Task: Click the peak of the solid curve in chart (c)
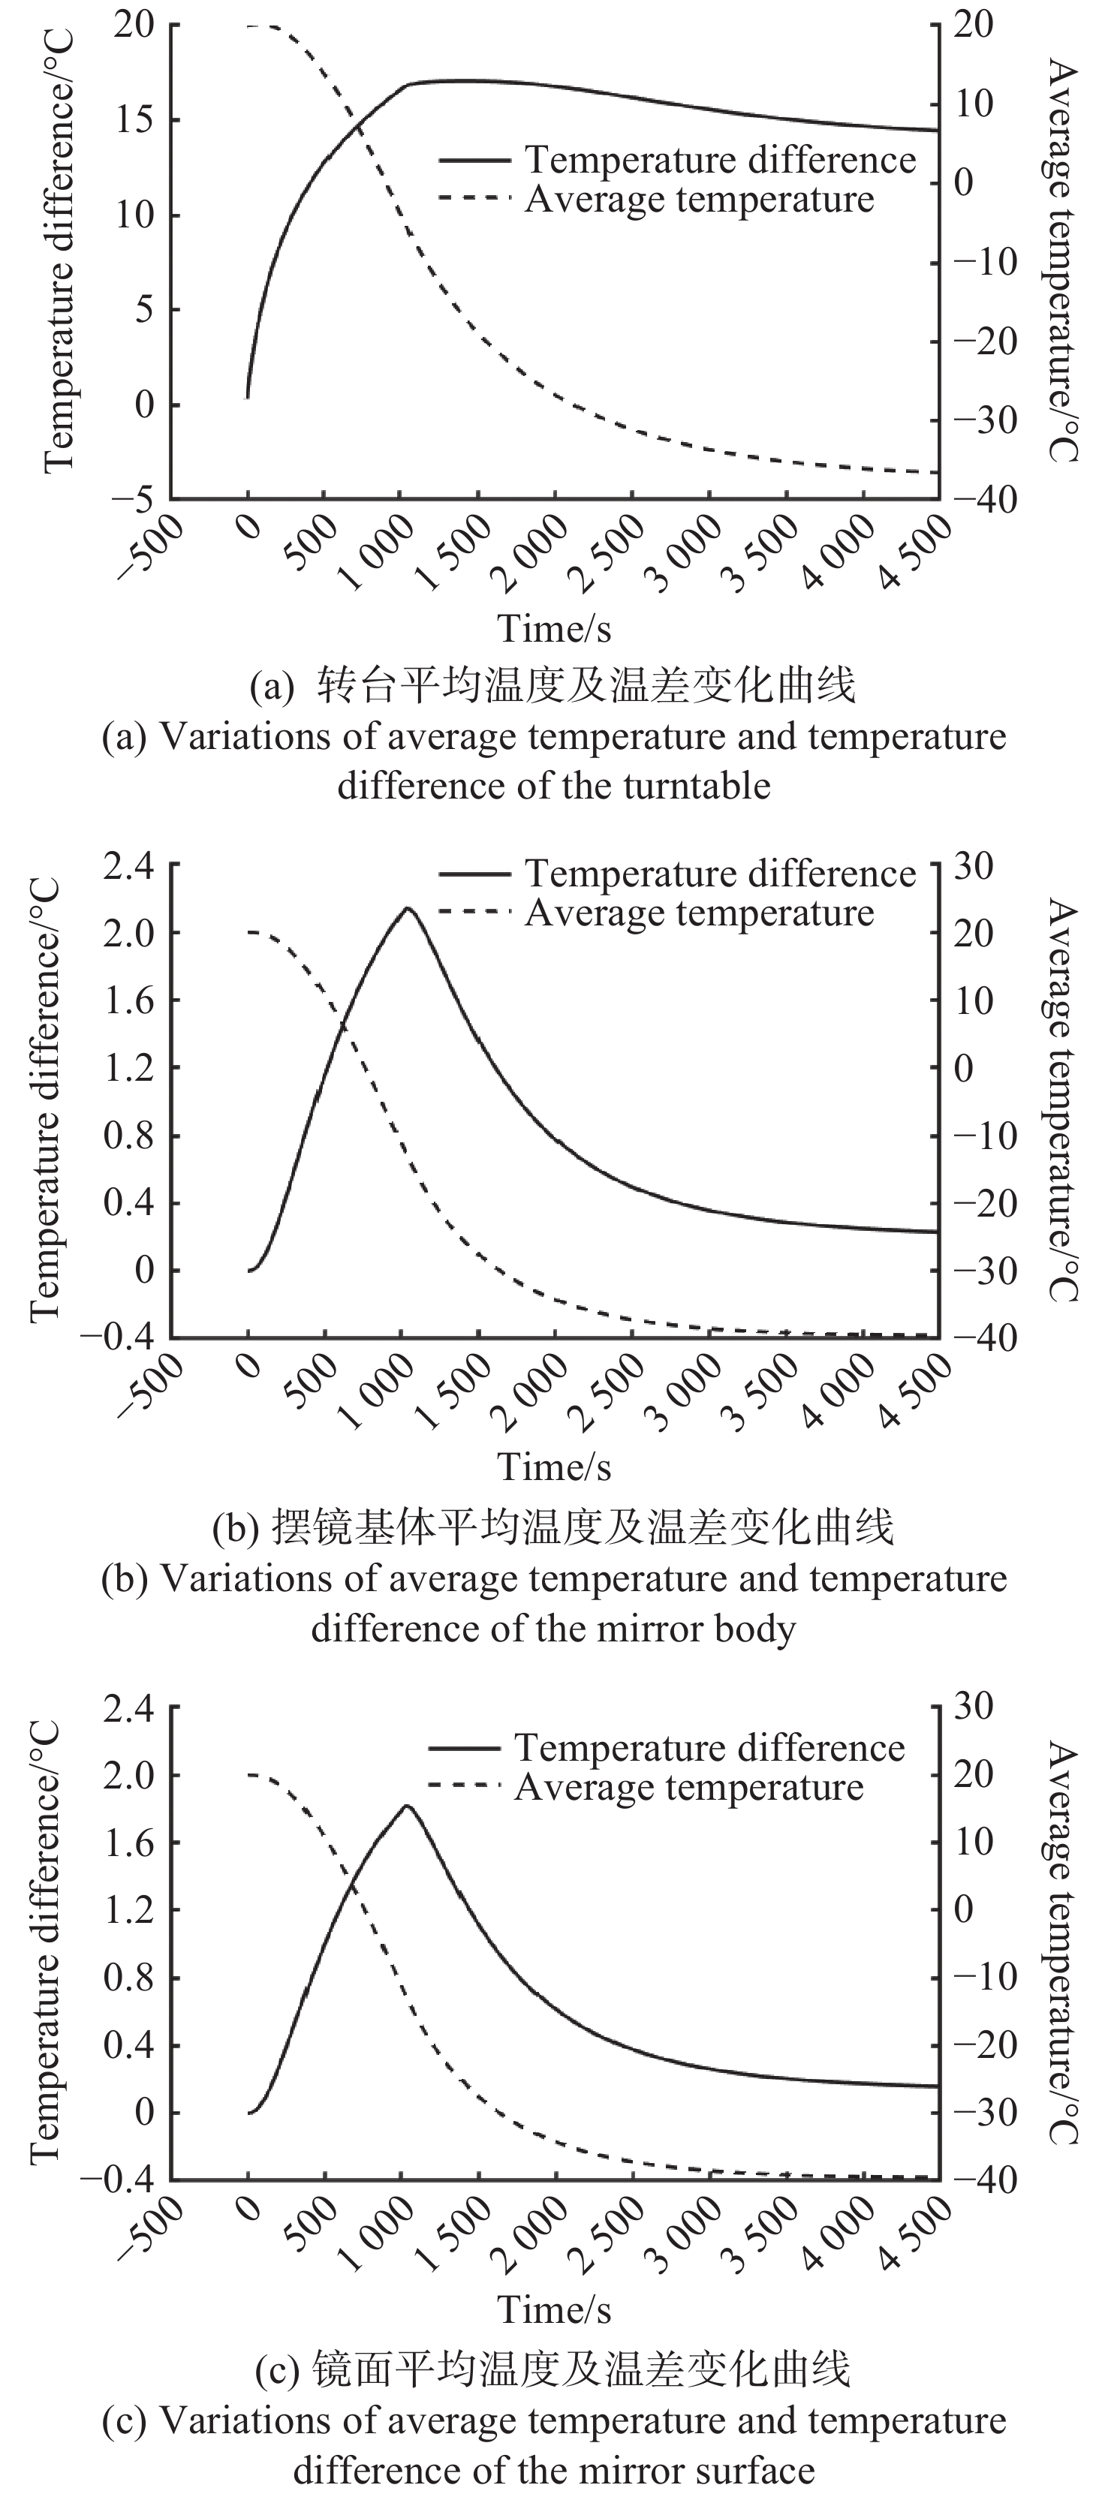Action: click(407, 1805)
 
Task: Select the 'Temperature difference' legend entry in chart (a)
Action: click(719, 160)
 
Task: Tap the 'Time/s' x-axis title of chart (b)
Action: click(555, 1467)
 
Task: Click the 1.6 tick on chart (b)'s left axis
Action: click(130, 1000)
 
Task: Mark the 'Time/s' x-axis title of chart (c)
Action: click(555, 2310)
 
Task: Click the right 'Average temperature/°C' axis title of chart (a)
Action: click(1064, 260)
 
